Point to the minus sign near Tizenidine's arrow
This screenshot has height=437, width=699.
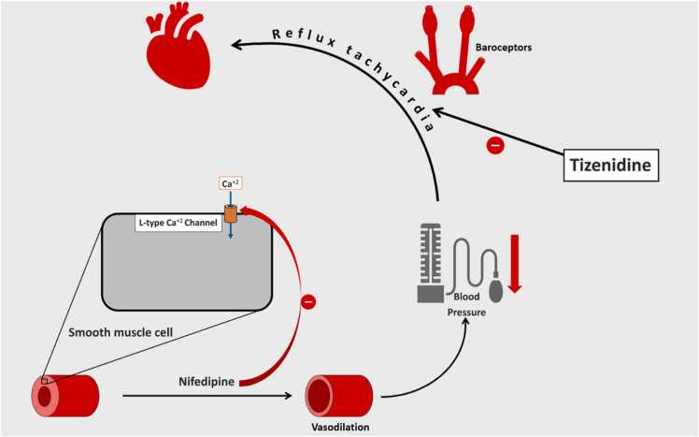tap(495, 145)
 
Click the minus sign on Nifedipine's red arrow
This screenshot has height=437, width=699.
tap(308, 301)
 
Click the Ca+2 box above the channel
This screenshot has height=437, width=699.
tap(230, 184)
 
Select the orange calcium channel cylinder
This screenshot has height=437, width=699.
tap(229, 214)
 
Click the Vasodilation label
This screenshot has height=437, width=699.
tap(337, 427)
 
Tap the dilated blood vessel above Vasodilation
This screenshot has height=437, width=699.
tap(336, 395)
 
